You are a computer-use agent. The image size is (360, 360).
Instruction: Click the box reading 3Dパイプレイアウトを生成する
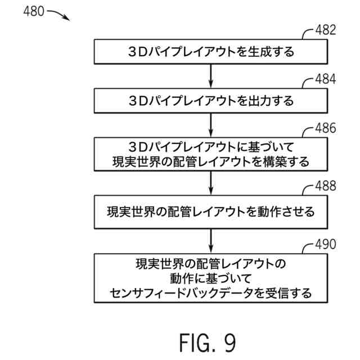tap(210, 52)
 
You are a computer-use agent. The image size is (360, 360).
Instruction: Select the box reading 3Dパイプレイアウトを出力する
tap(210, 101)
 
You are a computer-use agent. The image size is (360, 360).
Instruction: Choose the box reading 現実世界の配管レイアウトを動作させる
tap(210, 212)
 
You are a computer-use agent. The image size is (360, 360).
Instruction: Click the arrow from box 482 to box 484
tap(210, 76)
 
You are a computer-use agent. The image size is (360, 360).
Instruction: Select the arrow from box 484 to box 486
tap(210, 125)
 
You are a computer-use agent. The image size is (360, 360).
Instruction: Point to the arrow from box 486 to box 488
tap(210, 183)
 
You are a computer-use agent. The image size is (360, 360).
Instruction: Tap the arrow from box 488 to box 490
tap(210, 241)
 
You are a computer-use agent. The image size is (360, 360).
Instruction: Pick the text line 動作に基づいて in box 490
tap(210, 278)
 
